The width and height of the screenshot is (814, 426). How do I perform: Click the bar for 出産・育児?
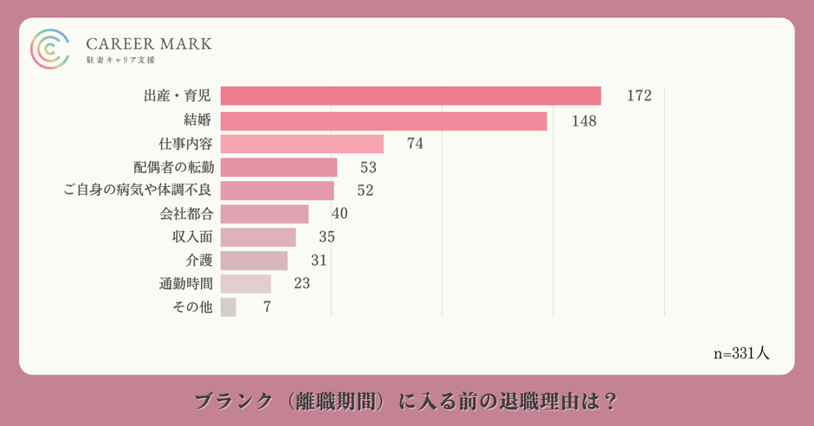pyautogui.click(x=410, y=96)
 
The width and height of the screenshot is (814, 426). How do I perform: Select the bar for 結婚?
pyautogui.click(x=384, y=120)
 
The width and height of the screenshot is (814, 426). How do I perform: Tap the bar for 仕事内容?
pyautogui.click(x=302, y=144)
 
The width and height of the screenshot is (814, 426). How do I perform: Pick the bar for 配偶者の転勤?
pyautogui.click(x=279, y=167)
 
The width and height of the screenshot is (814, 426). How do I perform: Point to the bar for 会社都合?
pyautogui.click(x=264, y=214)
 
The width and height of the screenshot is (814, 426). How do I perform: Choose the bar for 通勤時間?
pyautogui.click(x=246, y=283)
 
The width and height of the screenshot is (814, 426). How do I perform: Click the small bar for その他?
pyautogui.click(x=229, y=307)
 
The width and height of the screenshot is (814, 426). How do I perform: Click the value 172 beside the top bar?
pyautogui.click(x=638, y=96)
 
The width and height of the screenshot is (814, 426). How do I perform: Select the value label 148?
pyautogui.click(x=584, y=120)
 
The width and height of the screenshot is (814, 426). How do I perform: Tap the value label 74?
pyautogui.click(x=415, y=144)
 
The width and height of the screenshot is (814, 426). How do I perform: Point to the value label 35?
pyautogui.click(x=326, y=237)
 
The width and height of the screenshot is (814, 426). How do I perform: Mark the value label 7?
pyautogui.click(x=267, y=307)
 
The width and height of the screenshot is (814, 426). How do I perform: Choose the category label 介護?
pyautogui.click(x=199, y=261)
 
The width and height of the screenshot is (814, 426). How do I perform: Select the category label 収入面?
pyautogui.click(x=192, y=237)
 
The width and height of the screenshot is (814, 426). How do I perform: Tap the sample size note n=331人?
pyautogui.click(x=741, y=353)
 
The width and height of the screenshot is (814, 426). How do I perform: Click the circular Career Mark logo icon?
pyautogui.click(x=49, y=48)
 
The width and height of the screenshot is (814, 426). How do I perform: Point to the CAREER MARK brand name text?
pyautogui.click(x=149, y=43)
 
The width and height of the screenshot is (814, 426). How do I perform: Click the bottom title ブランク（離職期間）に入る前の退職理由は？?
pyautogui.click(x=406, y=402)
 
